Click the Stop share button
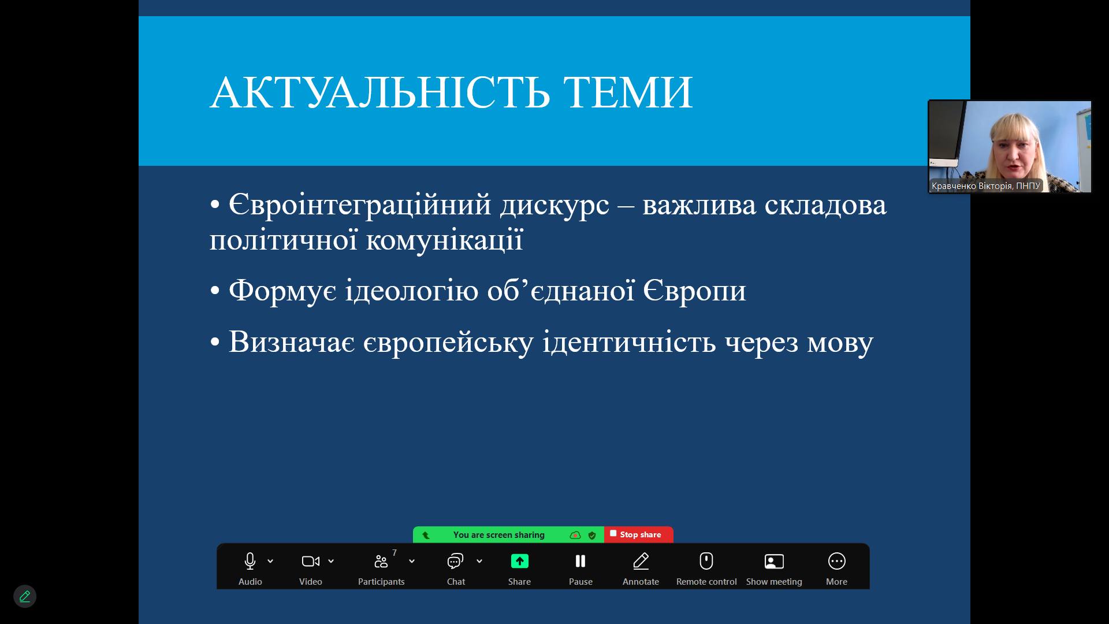(638, 534)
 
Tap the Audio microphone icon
(250, 561)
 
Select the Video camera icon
(311, 561)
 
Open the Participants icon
(381, 561)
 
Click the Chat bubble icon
(456, 561)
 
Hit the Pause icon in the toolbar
(580, 561)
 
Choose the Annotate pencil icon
(641, 561)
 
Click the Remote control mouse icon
(706, 560)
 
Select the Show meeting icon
(774, 561)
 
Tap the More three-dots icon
(837, 561)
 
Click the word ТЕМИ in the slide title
(628, 92)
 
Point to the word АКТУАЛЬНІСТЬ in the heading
(379, 92)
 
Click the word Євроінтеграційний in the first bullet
(360, 206)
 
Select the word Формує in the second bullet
(282, 291)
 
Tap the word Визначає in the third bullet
(292, 341)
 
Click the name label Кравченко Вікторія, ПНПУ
(985, 185)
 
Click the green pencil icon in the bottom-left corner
(25, 596)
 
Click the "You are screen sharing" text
(499, 535)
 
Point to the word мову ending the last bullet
(840, 344)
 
